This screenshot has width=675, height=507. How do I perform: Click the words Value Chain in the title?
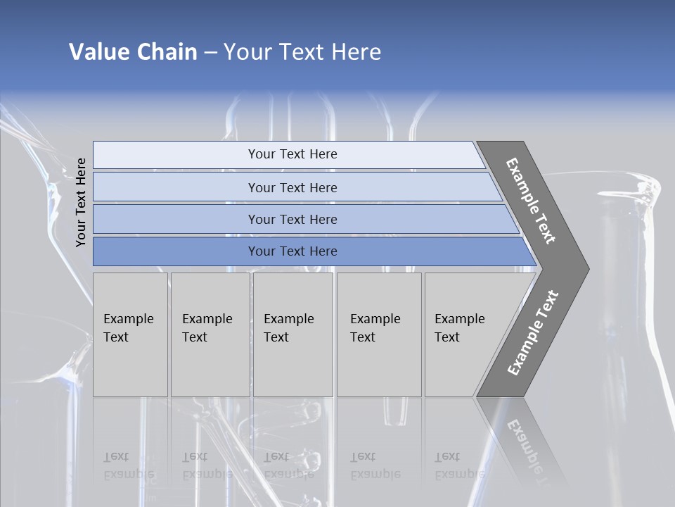133,52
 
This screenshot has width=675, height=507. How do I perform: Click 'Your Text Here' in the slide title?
302,52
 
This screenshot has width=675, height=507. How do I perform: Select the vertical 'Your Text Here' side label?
81,202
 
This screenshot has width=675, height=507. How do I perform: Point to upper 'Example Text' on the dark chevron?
531,201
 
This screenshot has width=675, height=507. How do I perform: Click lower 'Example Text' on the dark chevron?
533,332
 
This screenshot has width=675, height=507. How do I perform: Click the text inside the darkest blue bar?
292,251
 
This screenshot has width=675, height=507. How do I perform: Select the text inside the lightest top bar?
292,154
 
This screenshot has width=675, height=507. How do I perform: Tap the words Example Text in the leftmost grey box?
128,328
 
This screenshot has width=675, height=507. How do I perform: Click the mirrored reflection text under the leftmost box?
128,465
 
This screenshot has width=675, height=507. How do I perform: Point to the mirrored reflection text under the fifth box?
459,465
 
